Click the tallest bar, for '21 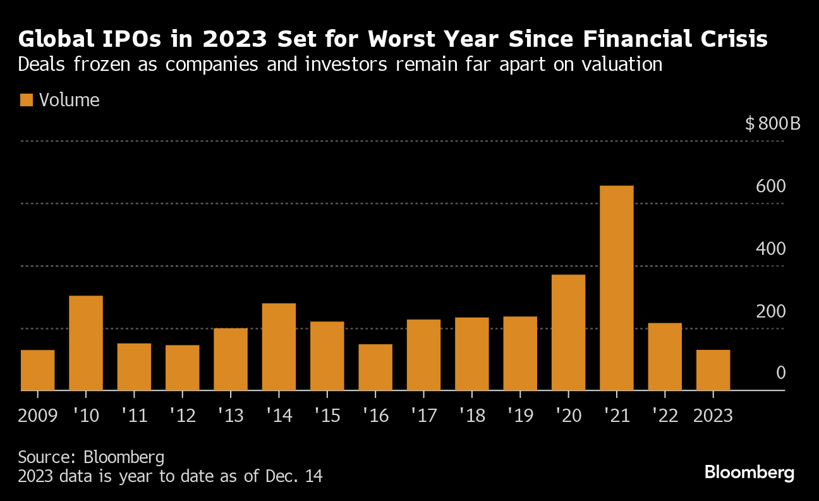click(x=616, y=288)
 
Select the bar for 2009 click(x=37, y=370)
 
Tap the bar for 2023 click(x=713, y=370)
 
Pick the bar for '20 click(x=568, y=332)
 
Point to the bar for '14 click(x=279, y=347)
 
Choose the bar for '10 click(x=86, y=343)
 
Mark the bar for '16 click(x=375, y=367)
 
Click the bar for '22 click(x=665, y=357)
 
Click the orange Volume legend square click(x=26, y=100)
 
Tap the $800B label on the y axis click(x=772, y=123)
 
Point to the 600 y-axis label click(x=770, y=187)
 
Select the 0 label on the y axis click(x=780, y=373)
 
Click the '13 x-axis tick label click(x=231, y=416)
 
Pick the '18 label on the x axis click(x=471, y=416)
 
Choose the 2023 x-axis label click(x=713, y=416)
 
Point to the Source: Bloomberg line click(x=91, y=457)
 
